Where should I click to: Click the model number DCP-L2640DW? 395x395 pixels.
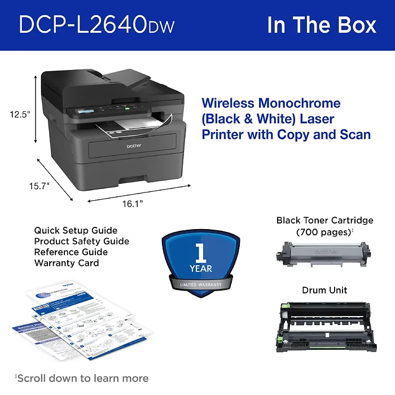[96, 25]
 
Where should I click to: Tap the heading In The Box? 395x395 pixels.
[322, 25]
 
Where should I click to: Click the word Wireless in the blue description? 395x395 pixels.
[228, 103]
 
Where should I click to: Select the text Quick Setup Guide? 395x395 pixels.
[76, 230]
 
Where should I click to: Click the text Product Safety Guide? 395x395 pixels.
[81, 241]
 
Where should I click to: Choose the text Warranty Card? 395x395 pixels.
[66, 263]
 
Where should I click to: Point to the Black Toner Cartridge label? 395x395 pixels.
[324, 220]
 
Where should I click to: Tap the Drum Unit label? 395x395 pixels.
[324, 290]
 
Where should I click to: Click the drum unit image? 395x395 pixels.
[324, 326]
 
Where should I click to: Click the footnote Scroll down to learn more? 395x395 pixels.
[82, 378]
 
